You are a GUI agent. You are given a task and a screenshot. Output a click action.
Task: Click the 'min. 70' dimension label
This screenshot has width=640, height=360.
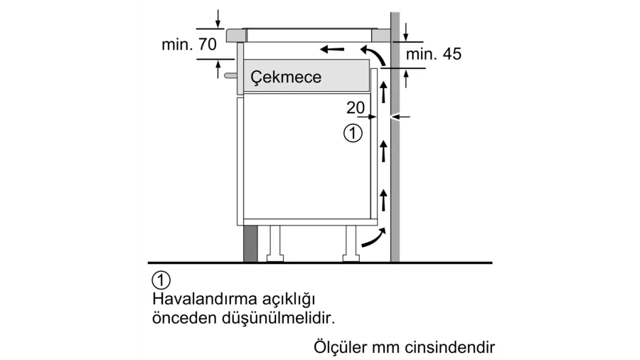189,45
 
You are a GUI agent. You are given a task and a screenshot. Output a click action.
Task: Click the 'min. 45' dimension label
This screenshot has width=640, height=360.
434,54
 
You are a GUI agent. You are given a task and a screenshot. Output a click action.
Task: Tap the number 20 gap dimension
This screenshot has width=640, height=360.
356,107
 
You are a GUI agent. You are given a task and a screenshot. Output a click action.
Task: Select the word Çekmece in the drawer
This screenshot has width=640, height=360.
286,77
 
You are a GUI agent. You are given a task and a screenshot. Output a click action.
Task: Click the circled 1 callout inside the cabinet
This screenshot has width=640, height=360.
353,133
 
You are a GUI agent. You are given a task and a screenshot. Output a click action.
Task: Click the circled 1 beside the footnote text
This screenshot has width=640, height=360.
161,280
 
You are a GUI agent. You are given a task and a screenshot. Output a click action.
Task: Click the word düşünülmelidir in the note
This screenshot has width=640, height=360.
278,318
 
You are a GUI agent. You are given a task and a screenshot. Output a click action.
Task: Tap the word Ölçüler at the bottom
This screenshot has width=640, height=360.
341,348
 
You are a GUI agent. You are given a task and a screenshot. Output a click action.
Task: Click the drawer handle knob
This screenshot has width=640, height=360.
230,75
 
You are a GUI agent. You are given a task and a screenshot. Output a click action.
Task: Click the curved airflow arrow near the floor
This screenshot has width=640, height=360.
373,238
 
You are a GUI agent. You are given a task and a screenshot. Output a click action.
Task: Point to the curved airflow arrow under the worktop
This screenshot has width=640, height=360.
373,55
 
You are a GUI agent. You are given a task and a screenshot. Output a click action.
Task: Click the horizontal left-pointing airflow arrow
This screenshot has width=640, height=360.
332,49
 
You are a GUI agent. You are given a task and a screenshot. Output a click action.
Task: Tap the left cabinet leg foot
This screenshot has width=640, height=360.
274,258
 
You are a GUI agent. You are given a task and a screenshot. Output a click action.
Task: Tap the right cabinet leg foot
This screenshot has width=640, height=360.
351,258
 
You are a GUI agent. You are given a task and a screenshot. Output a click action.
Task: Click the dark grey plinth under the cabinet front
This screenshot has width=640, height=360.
250,243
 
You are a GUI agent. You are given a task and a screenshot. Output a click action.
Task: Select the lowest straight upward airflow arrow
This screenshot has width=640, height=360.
383,200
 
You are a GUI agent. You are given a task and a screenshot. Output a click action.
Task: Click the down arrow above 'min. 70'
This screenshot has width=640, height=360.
218,18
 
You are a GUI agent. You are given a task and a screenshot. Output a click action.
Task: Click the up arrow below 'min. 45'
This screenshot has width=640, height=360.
406,79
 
